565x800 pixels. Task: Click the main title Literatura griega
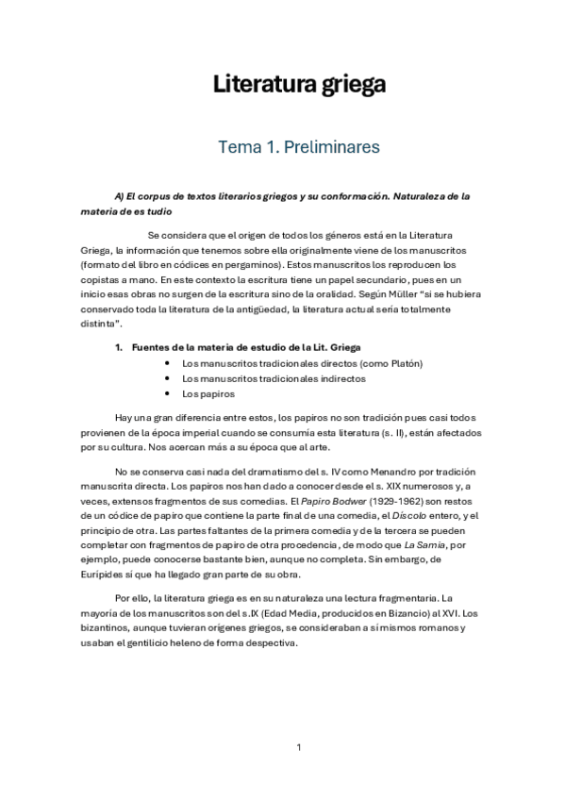tap(298, 86)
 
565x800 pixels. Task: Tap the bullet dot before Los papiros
tap(167, 393)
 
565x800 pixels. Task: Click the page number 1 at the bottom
tap(298, 748)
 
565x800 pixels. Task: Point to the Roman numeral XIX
tap(353, 485)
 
